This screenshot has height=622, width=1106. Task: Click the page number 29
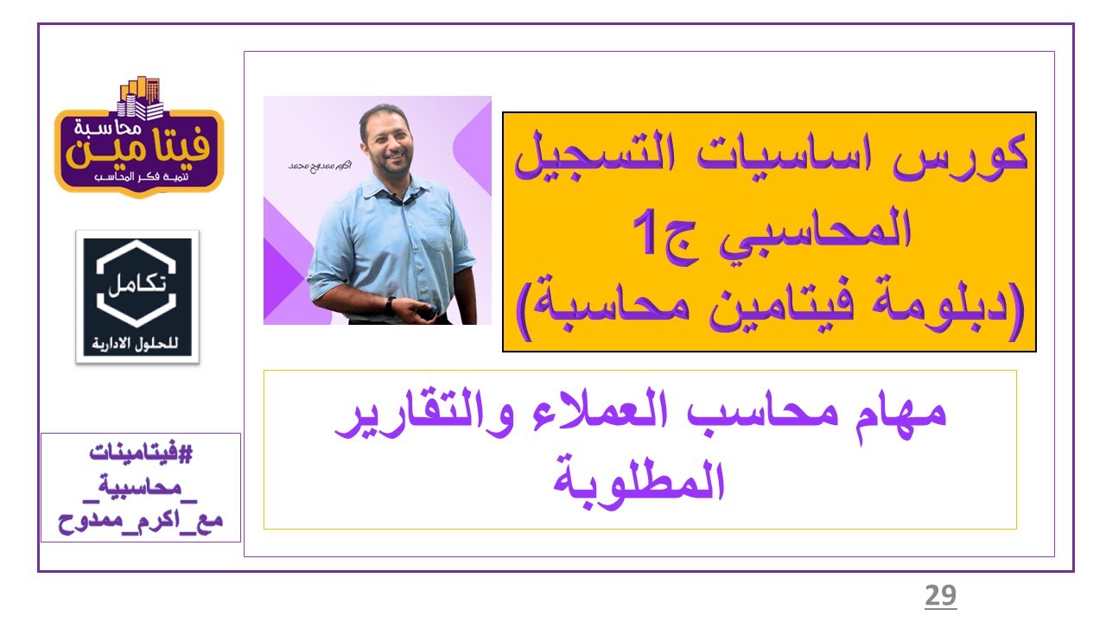pos(940,596)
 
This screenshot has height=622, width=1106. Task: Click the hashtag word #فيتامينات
pos(141,453)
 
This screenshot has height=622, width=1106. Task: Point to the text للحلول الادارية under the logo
pos(137,345)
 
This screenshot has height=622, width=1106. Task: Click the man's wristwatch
pos(391,305)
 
